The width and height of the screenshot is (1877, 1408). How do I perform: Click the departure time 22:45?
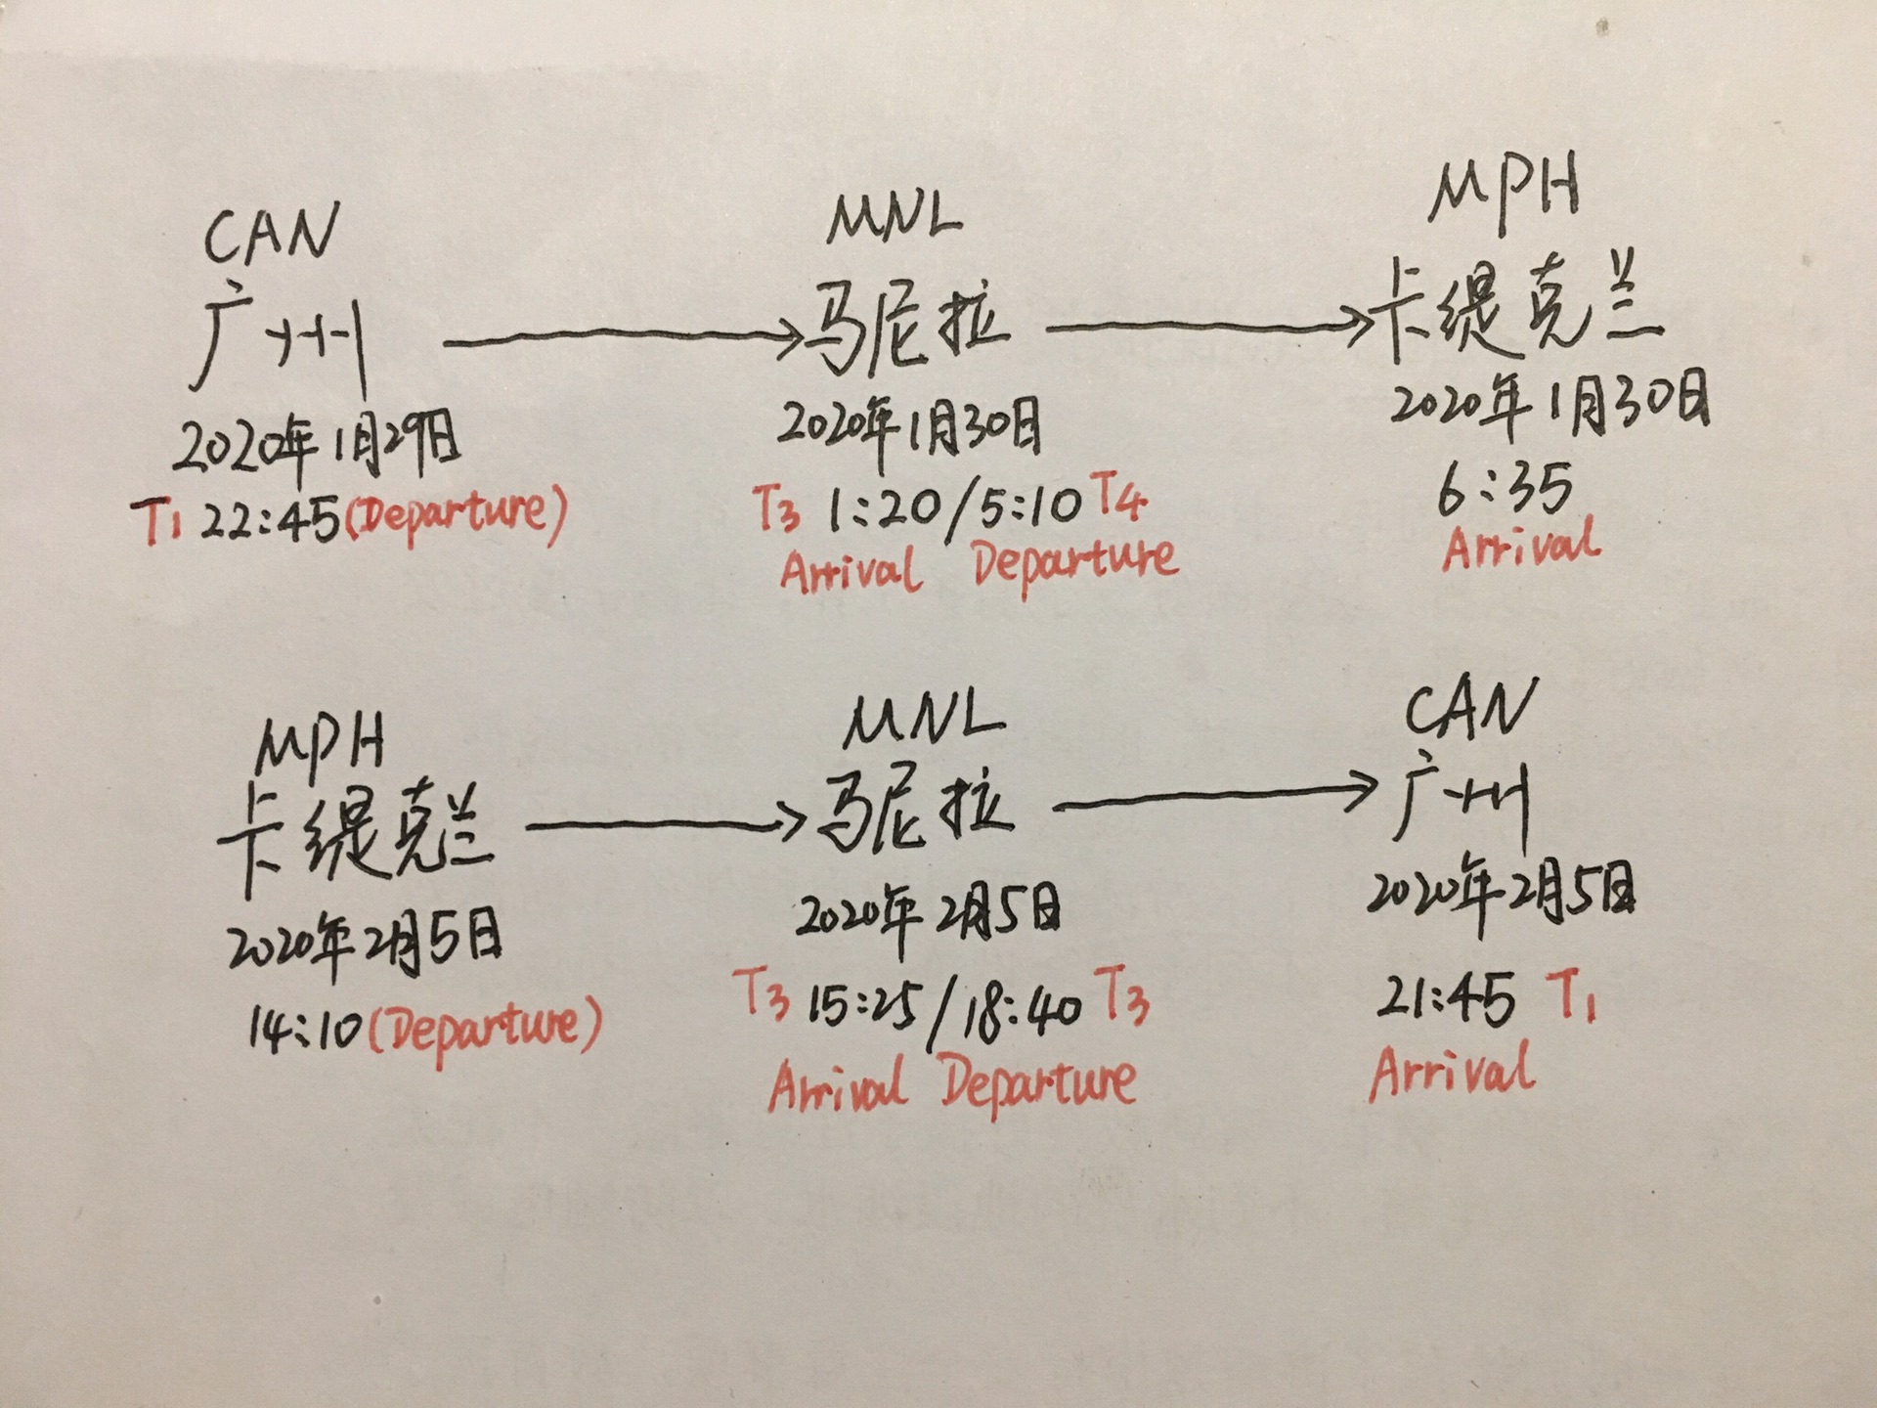[270, 520]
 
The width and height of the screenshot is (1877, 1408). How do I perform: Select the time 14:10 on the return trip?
[305, 1030]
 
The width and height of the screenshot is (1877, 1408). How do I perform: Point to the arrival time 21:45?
[1446, 999]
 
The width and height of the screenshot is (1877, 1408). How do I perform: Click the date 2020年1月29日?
[316, 446]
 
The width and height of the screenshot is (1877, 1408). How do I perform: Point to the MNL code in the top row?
[894, 219]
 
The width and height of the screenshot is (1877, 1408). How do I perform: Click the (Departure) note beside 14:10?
[484, 1028]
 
